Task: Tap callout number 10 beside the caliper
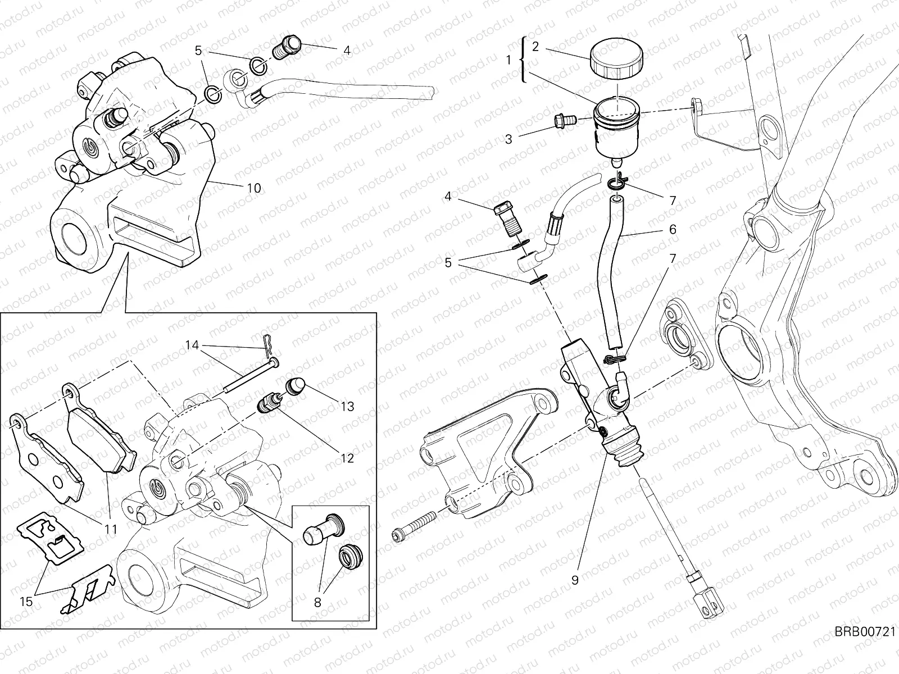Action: pos(254,188)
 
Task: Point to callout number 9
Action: pos(574,581)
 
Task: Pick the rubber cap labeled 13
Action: pos(296,386)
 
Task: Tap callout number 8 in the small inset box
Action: pos(317,603)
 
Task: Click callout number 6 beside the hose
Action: pos(673,229)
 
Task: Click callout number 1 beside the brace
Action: pos(508,60)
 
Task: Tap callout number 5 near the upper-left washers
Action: pos(198,51)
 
